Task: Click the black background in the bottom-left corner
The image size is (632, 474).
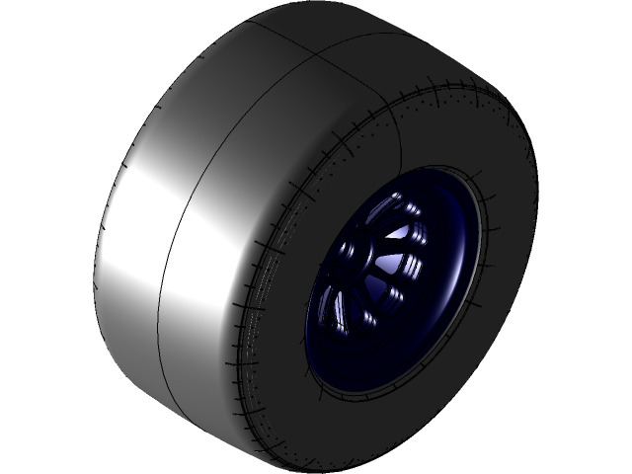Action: tap(30, 444)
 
